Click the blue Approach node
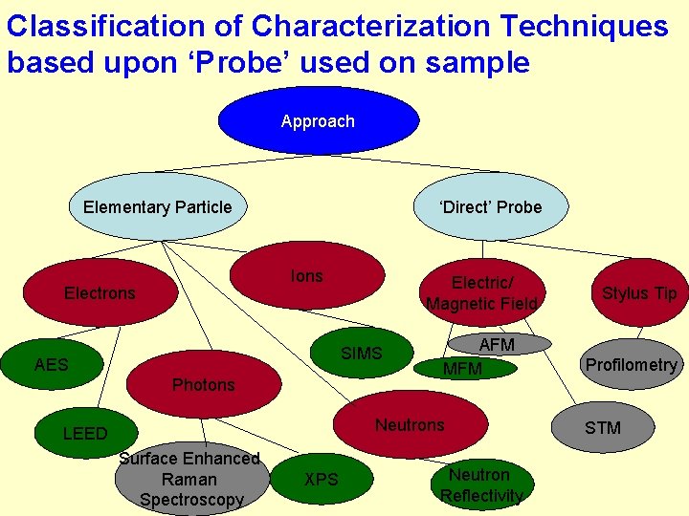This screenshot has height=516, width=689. (318, 121)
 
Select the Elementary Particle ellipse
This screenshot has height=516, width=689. (157, 206)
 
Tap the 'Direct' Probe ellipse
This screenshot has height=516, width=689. (490, 206)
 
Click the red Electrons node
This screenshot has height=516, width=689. (100, 292)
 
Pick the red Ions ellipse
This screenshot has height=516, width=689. (307, 275)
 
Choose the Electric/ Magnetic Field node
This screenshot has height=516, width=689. (482, 292)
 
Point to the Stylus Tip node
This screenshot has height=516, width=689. (638, 292)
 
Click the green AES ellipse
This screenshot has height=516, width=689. (52, 364)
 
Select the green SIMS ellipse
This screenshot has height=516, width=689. (362, 354)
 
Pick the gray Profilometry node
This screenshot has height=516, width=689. (631, 364)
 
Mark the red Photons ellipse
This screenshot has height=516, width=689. (203, 384)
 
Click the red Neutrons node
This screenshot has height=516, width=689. (410, 424)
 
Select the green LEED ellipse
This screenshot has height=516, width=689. (85, 433)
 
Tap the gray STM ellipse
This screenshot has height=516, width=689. (603, 427)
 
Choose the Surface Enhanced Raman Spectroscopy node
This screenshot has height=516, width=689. (189, 480)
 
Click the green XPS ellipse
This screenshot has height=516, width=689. (321, 479)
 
